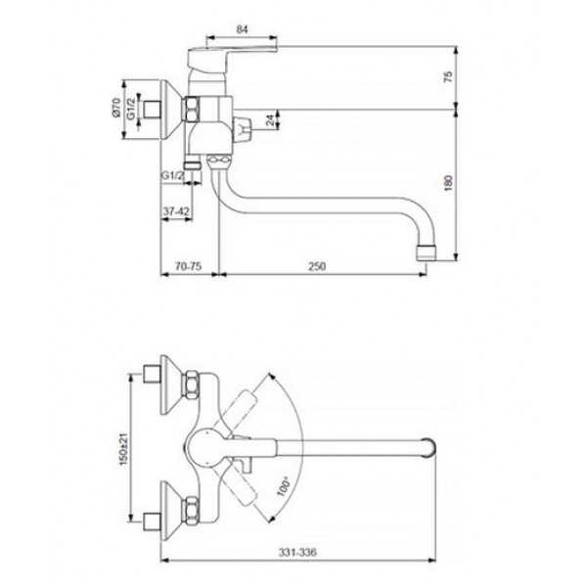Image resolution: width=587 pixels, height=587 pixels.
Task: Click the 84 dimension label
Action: click(x=243, y=29)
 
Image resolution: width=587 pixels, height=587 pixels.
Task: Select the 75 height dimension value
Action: click(x=448, y=76)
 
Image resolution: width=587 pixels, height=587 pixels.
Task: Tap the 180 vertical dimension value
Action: click(x=448, y=182)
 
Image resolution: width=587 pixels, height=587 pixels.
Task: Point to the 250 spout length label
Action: click(x=317, y=266)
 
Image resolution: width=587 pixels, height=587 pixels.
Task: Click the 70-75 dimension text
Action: click(x=188, y=266)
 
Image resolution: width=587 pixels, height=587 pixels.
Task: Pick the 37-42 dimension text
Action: click(x=176, y=211)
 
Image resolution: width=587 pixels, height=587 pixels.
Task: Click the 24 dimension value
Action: click(x=270, y=120)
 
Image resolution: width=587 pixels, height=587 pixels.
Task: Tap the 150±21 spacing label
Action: click(x=123, y=449)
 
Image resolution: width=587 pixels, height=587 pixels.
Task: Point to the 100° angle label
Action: click(x=284, y=486)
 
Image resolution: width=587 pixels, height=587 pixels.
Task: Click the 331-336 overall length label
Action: click(x=297, y=552)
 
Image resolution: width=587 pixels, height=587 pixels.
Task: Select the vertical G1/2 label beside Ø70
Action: click(x=131, y=109)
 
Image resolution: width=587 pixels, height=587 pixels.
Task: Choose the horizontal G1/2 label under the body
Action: click(x=172, y=175)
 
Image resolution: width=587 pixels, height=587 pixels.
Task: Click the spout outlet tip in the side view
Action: click(x=427, y=252)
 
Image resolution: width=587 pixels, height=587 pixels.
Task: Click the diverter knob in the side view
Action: click(x=243, y=129)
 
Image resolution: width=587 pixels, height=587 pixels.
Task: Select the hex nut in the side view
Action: click(x=191, y=109)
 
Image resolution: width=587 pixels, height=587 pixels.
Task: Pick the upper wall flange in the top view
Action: click(x=170, y=384)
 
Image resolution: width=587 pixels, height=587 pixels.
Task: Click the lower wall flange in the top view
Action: click(x=170, y=511)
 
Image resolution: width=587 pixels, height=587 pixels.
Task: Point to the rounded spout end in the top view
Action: click(x=429, y=448)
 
